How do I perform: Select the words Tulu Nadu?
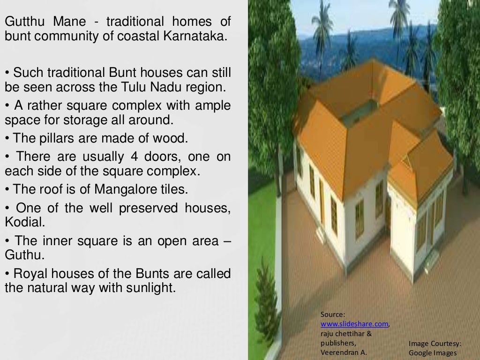(x=172, y=88)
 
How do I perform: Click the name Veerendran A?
(x=344, y=352)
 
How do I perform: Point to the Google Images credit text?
(x=432, y=352)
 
